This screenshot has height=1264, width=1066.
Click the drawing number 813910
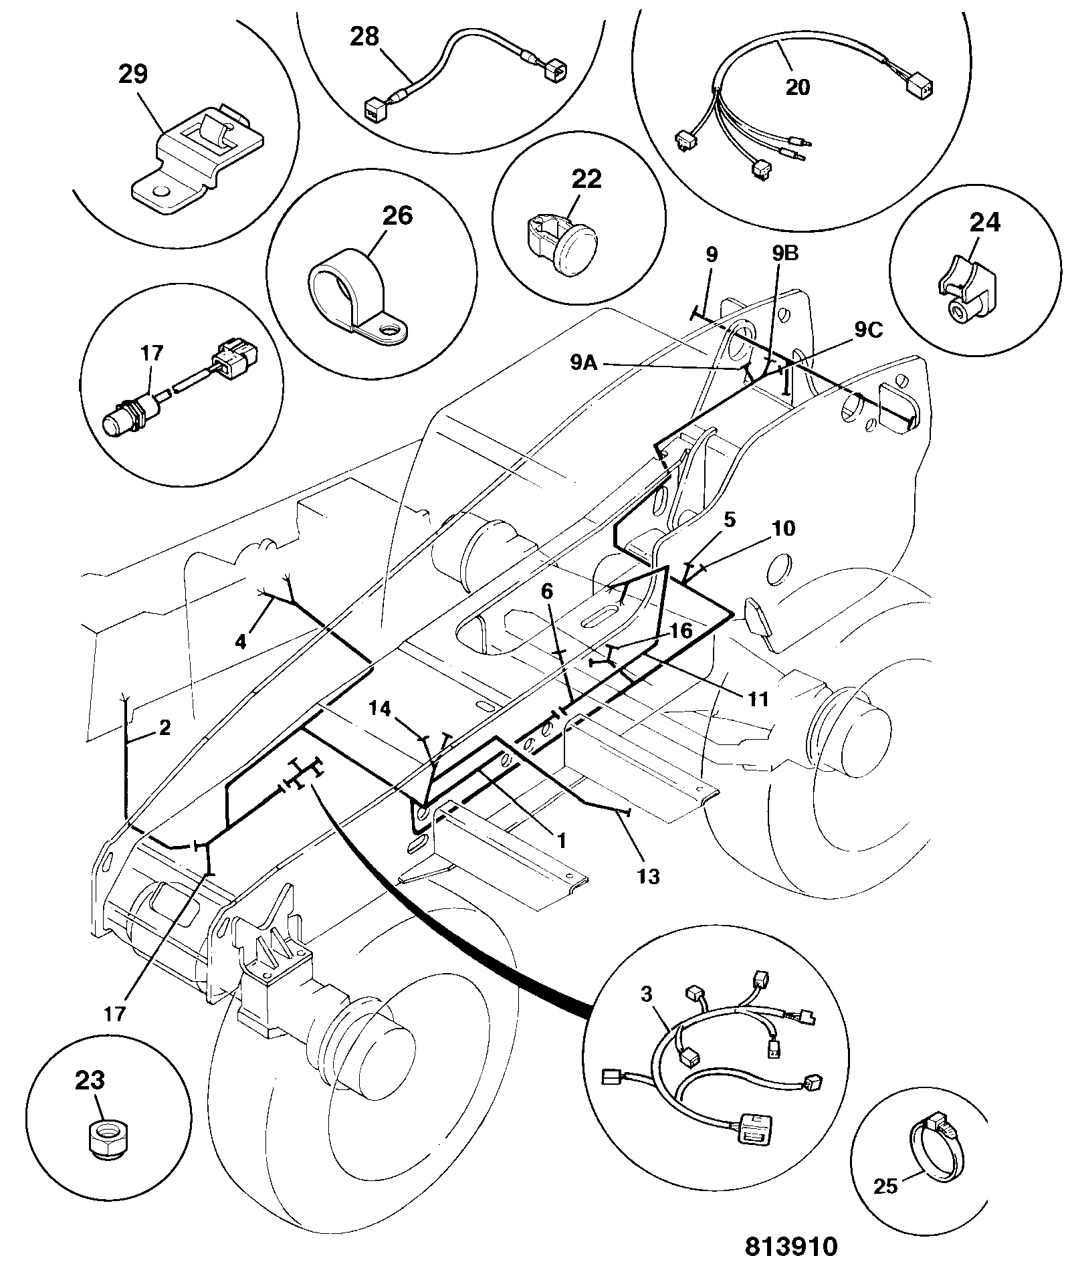point(791,1246)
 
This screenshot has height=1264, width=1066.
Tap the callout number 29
point(133,74)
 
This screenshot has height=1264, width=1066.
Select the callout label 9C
point(869,330)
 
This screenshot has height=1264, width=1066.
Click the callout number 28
point(364,37)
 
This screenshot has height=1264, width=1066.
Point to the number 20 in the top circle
point(798,87)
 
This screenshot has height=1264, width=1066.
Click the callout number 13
point(649,876)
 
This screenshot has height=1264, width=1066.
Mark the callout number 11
point(758,700)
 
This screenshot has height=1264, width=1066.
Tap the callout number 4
point(240,641)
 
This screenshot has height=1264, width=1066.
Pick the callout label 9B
point(785,253)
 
